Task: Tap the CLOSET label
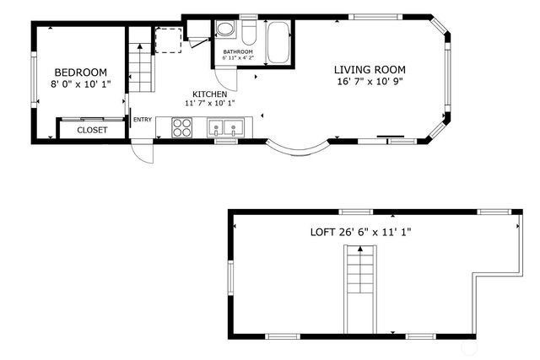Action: point(92,131)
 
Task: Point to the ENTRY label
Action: point(143,120)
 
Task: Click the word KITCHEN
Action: point(209,94)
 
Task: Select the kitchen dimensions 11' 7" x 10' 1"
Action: point(209,103)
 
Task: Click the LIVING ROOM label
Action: point(370,70)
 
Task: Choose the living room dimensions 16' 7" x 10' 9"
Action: point(370,82)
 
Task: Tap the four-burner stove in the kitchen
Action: point(183,126)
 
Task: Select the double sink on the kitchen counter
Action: point(226,128)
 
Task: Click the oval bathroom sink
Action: point(225,30)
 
